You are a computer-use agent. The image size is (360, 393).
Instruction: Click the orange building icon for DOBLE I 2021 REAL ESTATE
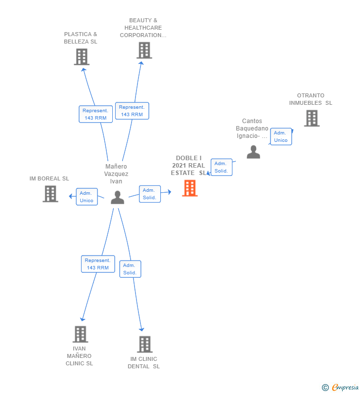pos(190,188)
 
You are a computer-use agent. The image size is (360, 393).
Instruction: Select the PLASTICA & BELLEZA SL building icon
pos(82,57)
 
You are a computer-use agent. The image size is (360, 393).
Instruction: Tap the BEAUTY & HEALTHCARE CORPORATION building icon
pos(144,50)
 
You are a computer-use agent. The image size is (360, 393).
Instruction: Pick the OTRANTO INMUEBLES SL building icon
pos(312,118)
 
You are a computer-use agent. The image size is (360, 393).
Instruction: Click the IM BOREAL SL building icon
pos(50,194)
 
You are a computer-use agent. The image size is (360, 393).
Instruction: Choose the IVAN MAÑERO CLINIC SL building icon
pos(80,334)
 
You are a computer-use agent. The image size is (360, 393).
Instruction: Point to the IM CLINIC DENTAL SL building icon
pos(144,344)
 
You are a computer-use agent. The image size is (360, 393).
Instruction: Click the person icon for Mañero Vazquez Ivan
pos(117,197)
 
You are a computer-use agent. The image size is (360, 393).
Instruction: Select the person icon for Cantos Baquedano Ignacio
pos(253,152)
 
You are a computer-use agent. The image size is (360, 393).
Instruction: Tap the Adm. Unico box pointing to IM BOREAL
pos(87,197)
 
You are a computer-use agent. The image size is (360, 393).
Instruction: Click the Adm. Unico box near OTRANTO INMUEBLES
pos(281,136)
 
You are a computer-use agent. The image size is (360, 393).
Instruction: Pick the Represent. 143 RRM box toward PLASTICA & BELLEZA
pos(95,114)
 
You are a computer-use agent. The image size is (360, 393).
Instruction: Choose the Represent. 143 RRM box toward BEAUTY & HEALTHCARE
pos(132,111)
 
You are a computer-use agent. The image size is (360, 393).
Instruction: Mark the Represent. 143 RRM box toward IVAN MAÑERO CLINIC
pos(98,264)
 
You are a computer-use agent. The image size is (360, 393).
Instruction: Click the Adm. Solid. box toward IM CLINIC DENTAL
pos(130,269)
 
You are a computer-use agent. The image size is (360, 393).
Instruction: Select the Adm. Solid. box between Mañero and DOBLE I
pos(150,194)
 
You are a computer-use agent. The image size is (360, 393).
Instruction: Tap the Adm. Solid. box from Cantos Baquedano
pos(221,167)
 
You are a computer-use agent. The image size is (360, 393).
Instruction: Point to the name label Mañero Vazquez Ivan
pos(116,174)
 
